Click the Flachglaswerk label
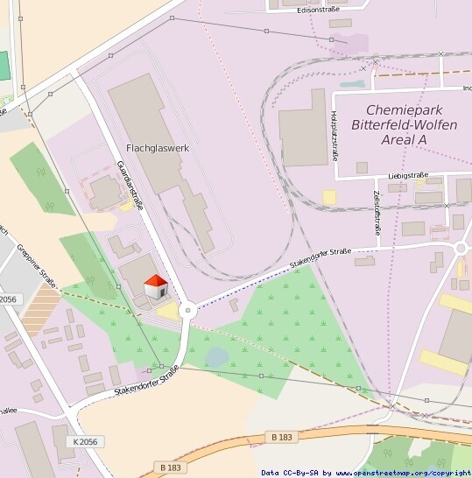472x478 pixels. point(158,148)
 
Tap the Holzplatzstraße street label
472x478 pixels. point(335,136)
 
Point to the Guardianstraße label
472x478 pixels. point(130,185)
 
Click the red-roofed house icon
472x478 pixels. point(155,286)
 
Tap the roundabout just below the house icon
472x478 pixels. point(187,310)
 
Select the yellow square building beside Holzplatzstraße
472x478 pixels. point(329,198)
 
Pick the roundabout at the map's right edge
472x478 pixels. point(463,249)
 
